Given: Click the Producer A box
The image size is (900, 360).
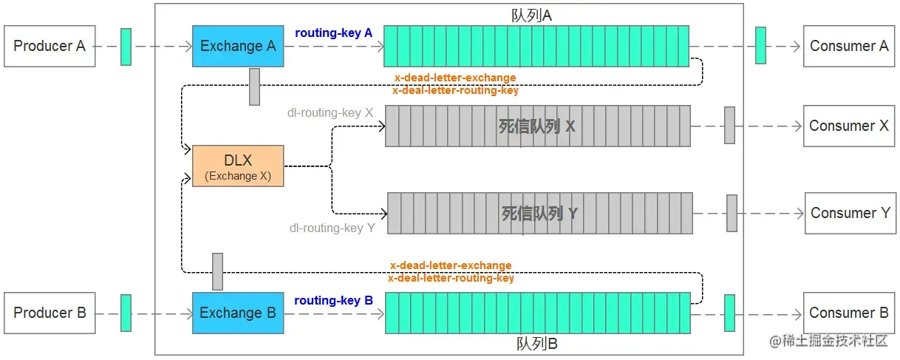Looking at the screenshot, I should (50, 47).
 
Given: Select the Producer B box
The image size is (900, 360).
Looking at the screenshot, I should (50, 313).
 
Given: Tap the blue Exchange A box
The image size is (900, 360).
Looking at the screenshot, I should (238, 47).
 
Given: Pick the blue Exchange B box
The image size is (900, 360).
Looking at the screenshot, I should (238, 313).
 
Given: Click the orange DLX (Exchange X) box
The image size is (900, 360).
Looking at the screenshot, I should (238, 166).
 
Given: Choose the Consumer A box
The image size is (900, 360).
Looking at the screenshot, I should (849, 47).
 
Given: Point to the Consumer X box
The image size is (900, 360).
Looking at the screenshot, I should (849, 126).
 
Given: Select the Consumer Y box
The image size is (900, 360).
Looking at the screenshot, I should (850, 214).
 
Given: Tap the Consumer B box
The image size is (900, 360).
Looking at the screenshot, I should (849, 313).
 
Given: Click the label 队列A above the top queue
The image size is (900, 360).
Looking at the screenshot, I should (531, 16).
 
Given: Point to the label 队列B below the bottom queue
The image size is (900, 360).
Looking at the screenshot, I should (537, 344).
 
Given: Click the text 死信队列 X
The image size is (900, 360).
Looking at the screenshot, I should (537, 126).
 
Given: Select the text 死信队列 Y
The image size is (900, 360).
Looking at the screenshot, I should (539, 214).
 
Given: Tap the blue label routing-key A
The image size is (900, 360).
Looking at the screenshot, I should (334, 33).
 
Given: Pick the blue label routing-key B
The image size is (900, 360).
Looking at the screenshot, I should (334, 301).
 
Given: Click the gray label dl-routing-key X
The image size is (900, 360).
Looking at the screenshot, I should (330, 112).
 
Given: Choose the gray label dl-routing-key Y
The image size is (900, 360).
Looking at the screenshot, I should (333, 228).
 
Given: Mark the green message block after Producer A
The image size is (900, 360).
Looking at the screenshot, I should (126, 47).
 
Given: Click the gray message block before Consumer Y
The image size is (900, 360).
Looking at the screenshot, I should (732, 213).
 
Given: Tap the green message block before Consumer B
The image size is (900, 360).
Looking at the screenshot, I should (729, 313).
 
